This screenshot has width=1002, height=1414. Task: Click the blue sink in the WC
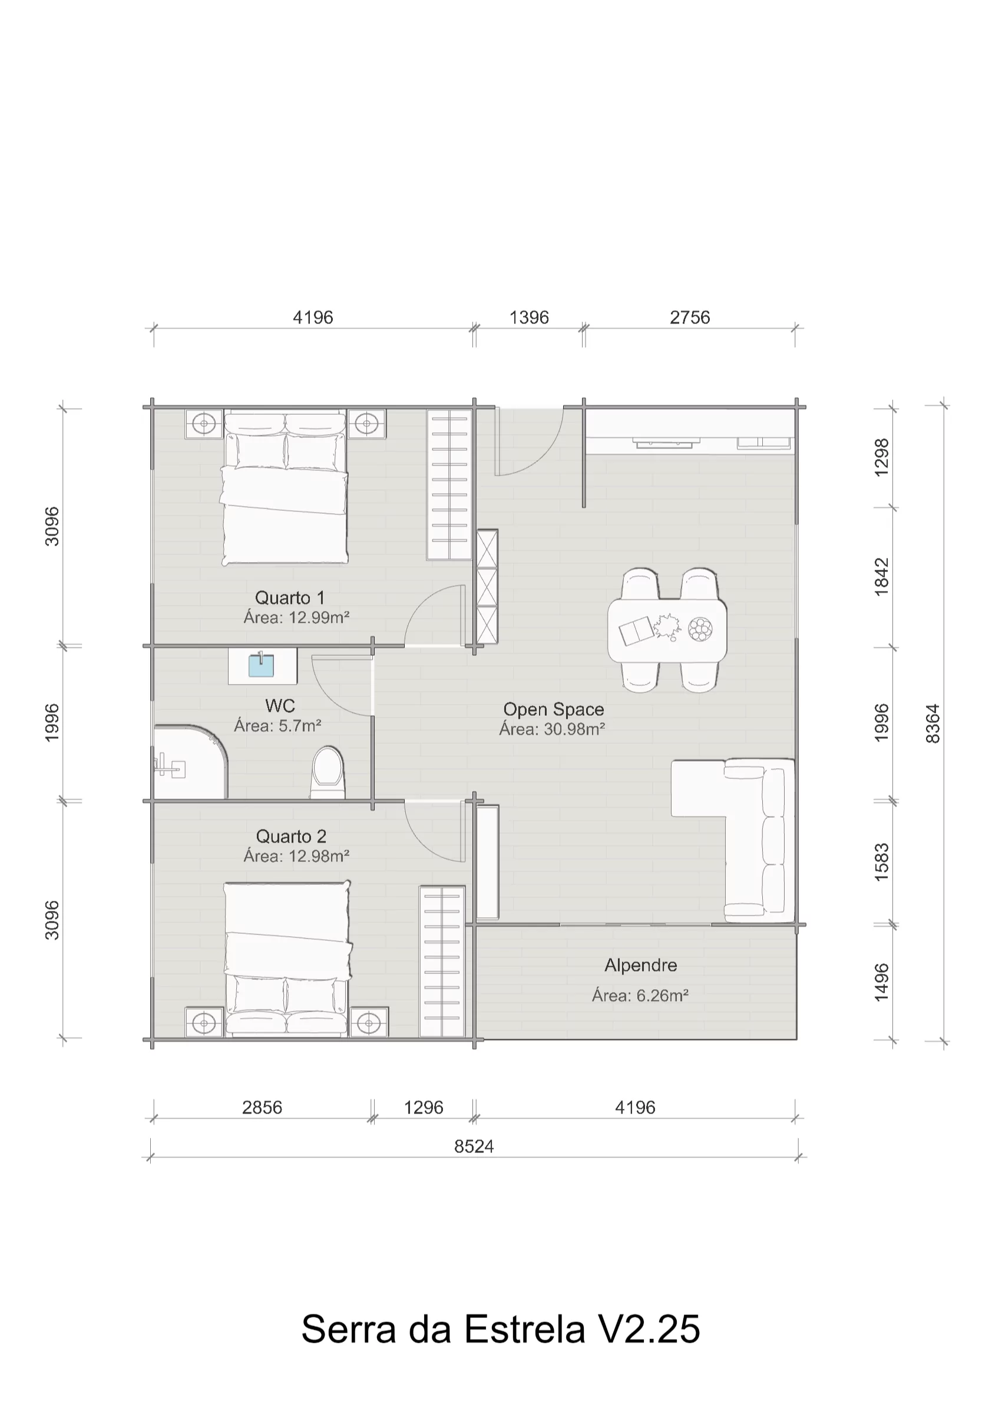[262, 666]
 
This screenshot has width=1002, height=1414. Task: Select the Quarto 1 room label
[289, 598]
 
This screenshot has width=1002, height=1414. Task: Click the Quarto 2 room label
[290, 837]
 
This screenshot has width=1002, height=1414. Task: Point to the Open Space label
[554, 709]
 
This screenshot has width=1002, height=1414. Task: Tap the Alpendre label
[640, 966]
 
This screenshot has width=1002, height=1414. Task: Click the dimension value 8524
[474, 1147]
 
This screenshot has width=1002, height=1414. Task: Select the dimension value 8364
[932, 723]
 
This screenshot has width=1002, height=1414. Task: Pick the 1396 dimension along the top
[529, 318]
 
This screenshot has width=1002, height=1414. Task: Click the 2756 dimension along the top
[690, 318]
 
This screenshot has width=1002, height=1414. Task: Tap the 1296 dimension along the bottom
[424, 1108]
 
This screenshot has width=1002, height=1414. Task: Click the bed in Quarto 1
[285, 488]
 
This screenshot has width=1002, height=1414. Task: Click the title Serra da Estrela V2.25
[500, 1328]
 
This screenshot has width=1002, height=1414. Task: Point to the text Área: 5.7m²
[277, 726]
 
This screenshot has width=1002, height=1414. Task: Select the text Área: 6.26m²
[640, 995]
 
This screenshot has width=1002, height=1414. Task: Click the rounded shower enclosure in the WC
[191, 762]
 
